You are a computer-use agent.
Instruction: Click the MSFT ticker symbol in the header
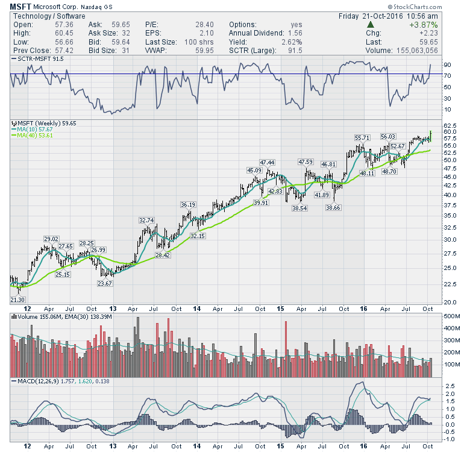tap(21, 5)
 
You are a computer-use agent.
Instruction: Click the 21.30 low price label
tap(18, 300)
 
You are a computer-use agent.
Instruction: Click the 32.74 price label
tap(147, 220)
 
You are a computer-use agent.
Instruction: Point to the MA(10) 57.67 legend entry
tap(32, 129)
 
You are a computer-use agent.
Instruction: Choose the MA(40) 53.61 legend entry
tap(32, 136)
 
